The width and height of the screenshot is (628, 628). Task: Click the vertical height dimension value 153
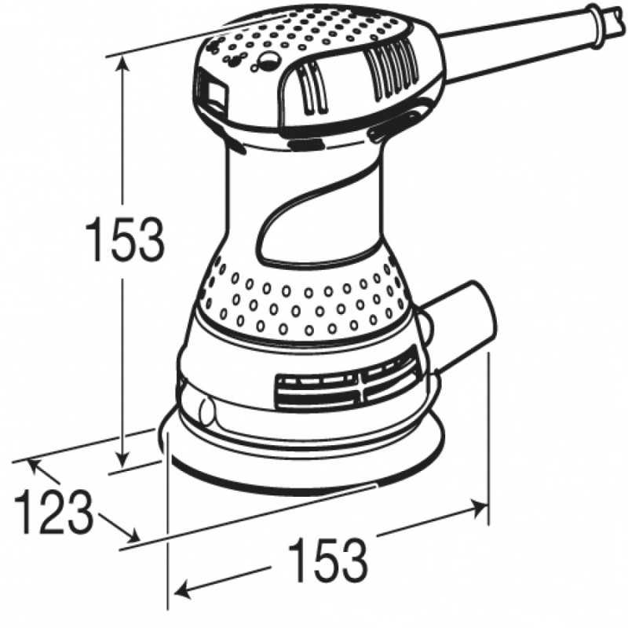pyautogui.click(x=125, y=238)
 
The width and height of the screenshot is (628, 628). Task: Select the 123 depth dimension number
pyautogui.click(x=53, y=512)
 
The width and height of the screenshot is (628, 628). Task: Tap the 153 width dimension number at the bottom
pyautogui.click(x=327, y=560)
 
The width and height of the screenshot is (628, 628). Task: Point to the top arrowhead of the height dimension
pyautogui.click(x=122, y=65)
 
